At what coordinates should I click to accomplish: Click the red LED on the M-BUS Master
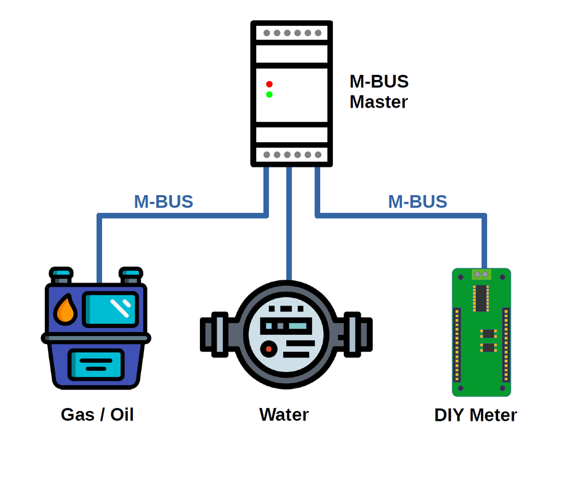(x=269, y=84)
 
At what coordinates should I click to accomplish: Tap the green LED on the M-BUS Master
(x=269, y=94)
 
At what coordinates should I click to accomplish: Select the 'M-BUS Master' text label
(x=378, y=92)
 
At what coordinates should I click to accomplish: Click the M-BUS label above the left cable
(x=164, y=202)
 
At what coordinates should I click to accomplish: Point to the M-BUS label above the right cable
(x=418, y=202)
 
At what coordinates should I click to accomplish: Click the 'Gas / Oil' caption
(x=97, y=414)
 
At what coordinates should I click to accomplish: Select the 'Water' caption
(x=284, y=414)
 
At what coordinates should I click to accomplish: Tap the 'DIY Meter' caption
(x=475, y=415)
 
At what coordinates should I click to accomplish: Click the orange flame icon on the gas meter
(x=65, y=311)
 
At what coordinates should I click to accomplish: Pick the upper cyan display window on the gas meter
(x=110, y=308)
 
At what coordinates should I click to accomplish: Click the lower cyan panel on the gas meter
(x=96, y=364)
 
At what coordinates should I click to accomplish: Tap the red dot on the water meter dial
(x=267, y=349)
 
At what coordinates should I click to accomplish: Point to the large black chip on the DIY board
(x=480, y=298)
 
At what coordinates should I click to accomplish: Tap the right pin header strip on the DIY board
(x=506, y=344)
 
